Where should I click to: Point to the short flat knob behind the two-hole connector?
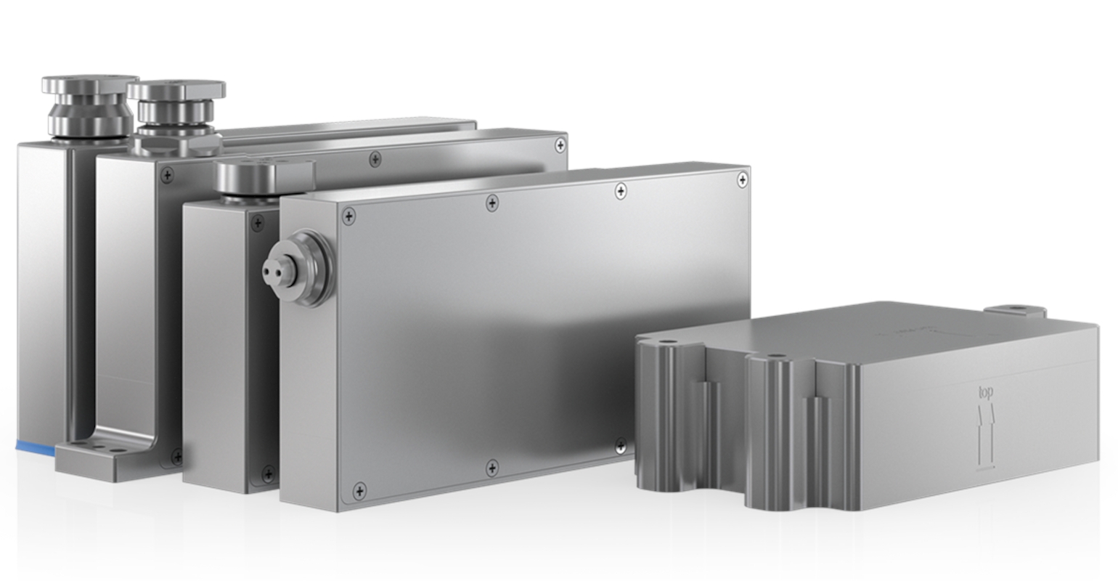point(264,176)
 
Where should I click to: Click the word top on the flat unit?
point(985,393)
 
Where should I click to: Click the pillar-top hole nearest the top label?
point(775,357)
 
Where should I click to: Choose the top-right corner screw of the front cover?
point(741,179)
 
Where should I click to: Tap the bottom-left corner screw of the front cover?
point(359,492)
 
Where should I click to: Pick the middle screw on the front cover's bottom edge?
point(492,466)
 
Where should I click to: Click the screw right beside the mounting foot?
point(176,457)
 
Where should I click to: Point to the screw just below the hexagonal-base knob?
point(167,174)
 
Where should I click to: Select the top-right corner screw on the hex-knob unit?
point(560,145)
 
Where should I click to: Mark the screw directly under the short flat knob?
point(257,222)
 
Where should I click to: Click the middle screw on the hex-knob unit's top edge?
point(375,158)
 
